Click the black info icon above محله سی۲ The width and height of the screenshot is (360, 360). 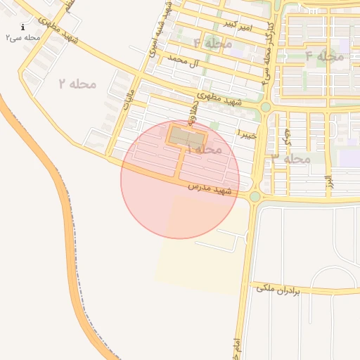tap(23, 27)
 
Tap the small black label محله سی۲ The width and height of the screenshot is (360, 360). tap(23, 37)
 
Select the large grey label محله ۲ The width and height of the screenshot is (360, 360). tap(77, 84)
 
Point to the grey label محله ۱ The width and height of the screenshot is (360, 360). tap(205, 149)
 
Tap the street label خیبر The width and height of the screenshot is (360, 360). tap(248, 132)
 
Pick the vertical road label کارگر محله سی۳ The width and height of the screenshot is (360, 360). tap(267, 52)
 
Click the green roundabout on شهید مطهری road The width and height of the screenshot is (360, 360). tap(265, 107)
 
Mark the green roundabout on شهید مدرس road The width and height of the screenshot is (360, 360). tap(255, 197)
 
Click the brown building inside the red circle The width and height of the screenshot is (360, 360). tap(187, 136)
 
